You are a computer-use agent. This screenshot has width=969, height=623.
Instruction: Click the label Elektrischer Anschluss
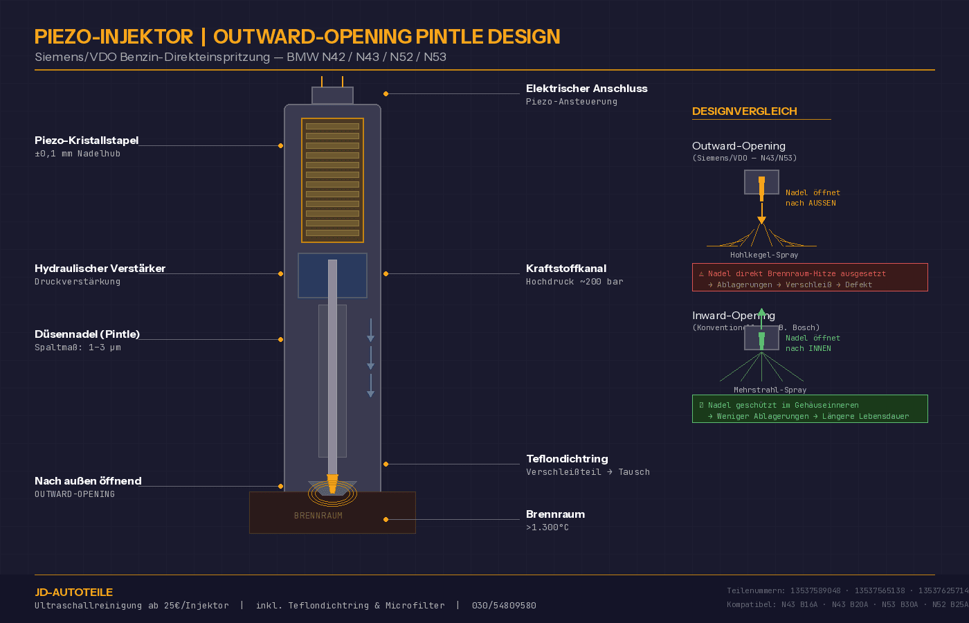coord(586,89)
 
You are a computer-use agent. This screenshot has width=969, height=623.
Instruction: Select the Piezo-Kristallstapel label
coord(87,141)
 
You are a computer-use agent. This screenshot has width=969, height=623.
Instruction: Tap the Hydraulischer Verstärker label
coord(100,269)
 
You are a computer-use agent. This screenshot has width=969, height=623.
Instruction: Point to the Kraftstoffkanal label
coord(565,269)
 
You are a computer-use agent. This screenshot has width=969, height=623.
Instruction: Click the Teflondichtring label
coord(567,459)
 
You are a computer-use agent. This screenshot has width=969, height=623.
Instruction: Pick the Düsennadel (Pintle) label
coord(87,334)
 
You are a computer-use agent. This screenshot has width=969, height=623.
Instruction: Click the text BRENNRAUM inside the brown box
coord(318,516)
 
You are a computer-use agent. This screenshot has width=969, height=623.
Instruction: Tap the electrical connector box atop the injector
coord(332,96)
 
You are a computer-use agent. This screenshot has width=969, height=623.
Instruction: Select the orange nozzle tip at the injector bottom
coord(332,483)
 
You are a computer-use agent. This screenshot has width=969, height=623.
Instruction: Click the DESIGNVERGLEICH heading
coord(744,111)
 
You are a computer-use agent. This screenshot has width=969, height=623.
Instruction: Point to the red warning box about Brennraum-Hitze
coord(810,278)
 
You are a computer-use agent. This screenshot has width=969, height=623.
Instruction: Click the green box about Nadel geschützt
coord(810,409)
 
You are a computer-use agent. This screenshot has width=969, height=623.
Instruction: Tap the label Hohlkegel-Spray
coord(764,255)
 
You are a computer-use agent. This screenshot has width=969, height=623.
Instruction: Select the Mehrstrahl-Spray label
coord(770,390)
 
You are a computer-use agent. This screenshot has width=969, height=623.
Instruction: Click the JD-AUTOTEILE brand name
coord(73,593)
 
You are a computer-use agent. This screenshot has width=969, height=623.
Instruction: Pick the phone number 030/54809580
coord(504,606)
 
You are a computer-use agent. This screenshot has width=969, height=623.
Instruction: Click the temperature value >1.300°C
coord(547,527)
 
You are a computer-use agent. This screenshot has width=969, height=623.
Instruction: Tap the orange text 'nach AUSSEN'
coord(810,204)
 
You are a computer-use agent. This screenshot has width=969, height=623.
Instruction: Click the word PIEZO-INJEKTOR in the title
coord(114,37)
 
